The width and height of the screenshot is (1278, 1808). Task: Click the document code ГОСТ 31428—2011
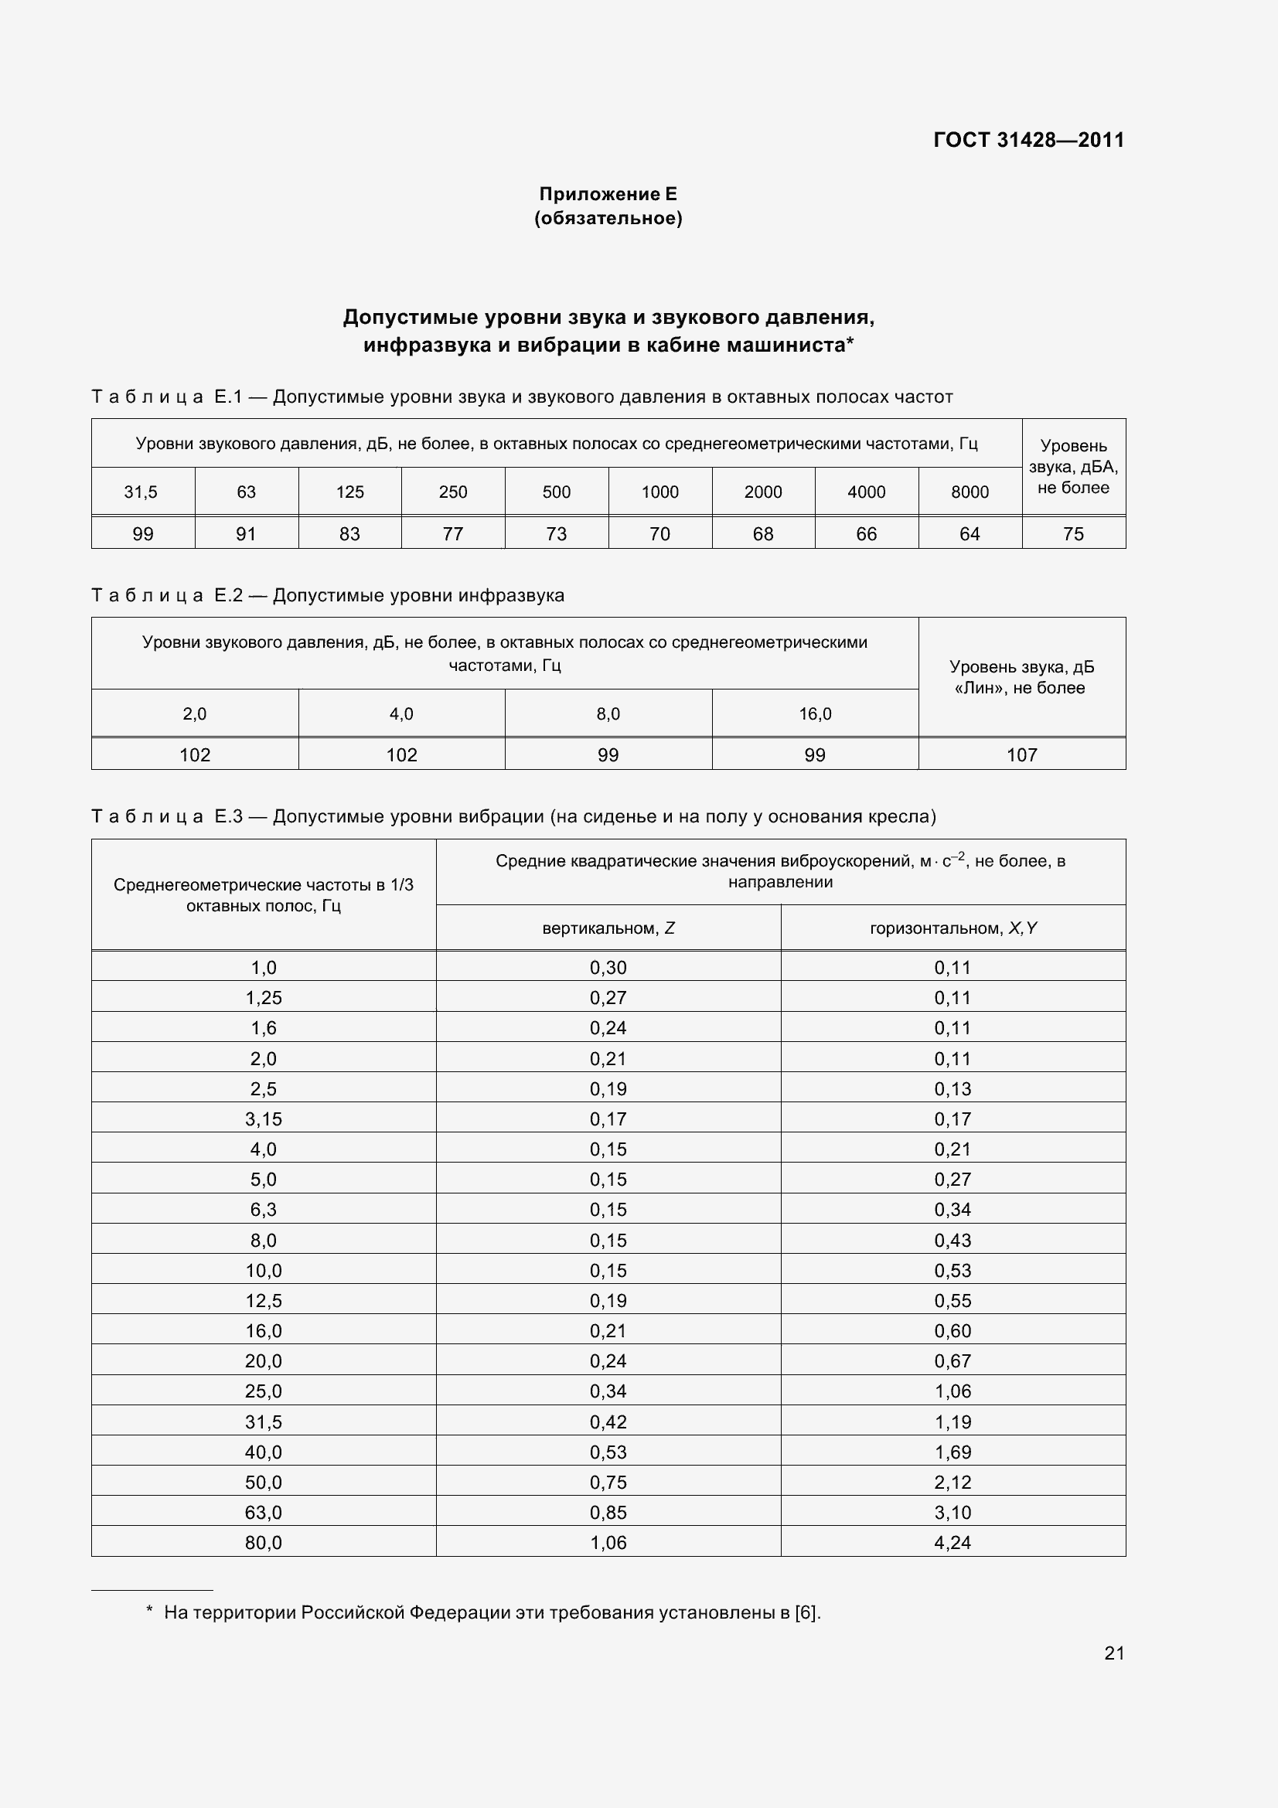pyautogui.click(x=1028, y=140)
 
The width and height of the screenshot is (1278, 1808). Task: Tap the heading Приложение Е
pyautogui.click(x=607, y=194)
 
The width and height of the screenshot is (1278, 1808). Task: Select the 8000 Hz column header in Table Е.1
pyautogui.click(x=970, y=492)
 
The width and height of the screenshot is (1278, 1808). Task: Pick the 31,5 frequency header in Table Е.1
pyautogui.click(x=141, y=492)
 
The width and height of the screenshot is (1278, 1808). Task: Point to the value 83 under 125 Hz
pyautogui.click(x=349, y=534)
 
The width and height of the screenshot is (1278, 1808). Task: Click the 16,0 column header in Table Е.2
pyautogui.click(x=815, y=713)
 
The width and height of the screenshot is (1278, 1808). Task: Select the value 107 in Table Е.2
pyautogui.click(x=1021, y=755)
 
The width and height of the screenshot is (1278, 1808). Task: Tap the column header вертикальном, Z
pyautogui.click(x=608, y=928)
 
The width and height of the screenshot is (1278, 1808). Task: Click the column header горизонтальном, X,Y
pyautogui.click(x=953, y=928)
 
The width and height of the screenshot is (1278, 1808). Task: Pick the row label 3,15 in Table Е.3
pyautogui.click(x=263, y=1119)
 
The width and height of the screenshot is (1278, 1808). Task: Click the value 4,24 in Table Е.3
pyautogui.click(x=953, y=1543)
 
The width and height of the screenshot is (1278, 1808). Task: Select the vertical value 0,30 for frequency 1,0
pyautogui.click(x=608, y=968)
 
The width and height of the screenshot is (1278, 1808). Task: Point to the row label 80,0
pyautogui.click(x=263, y=1543)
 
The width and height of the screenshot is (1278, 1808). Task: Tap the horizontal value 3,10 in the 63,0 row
pyautogui.click(x=953, y=1512)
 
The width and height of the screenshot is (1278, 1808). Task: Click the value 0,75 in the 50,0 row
pyautogui.click(x=608, y=1482)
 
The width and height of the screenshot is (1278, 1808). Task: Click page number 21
pyautogui.click(x=1113, y=1653)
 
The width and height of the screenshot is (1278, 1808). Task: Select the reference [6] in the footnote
pyautogui.click(x=806, y=1612)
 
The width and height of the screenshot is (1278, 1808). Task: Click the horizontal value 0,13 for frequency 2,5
pyautogui.click(x=953, y=1089)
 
